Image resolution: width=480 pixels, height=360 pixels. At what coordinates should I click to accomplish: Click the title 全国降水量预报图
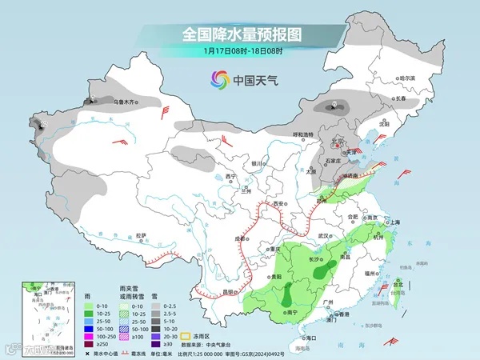pos(240,34)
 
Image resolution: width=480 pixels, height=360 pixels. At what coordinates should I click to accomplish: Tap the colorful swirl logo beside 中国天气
pos(217,79)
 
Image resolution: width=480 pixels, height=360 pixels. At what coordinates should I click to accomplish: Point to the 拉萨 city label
pos(141,235)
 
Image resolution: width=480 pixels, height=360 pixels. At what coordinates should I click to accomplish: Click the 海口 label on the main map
pos(303,338)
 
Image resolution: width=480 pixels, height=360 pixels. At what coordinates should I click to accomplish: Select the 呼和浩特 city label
pos(302,134)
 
